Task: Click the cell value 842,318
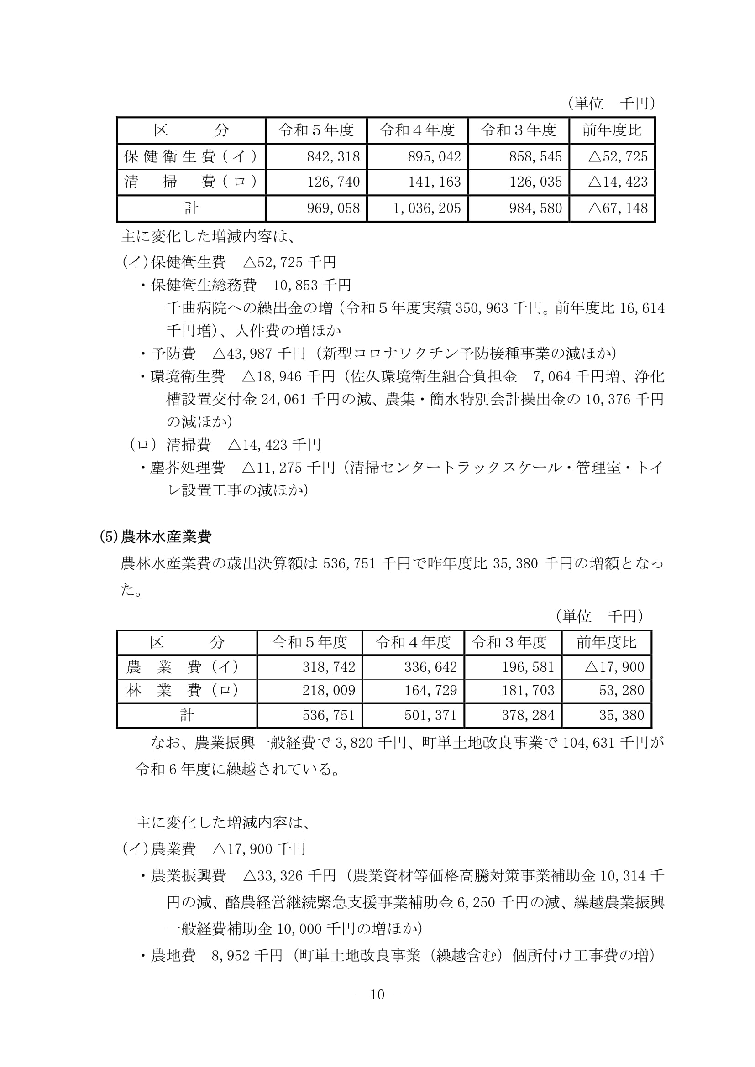[x=333, y=156]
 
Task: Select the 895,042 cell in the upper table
[x=434, y=156]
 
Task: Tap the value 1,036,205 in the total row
[x=427, y=208]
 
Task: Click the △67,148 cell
[x=618, y=208]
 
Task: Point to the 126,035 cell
[x=535, y=182]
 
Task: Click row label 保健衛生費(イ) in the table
[x=191, y=156]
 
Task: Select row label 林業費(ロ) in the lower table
[x=183, y=690]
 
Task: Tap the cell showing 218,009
[x=329, y=690]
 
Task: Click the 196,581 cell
[x=528, y=667]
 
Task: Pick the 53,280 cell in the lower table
[x=621, y=690]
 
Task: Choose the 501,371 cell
[x=430, y=715]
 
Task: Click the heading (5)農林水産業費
[x=156, y=537]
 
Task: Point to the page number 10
[x=377, y=994]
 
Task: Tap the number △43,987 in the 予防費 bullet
[x=242, y=354]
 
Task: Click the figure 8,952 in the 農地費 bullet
[x=228, y=956]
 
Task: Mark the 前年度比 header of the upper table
[x=612, y=130]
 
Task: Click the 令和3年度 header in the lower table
[x=509, y=642]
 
